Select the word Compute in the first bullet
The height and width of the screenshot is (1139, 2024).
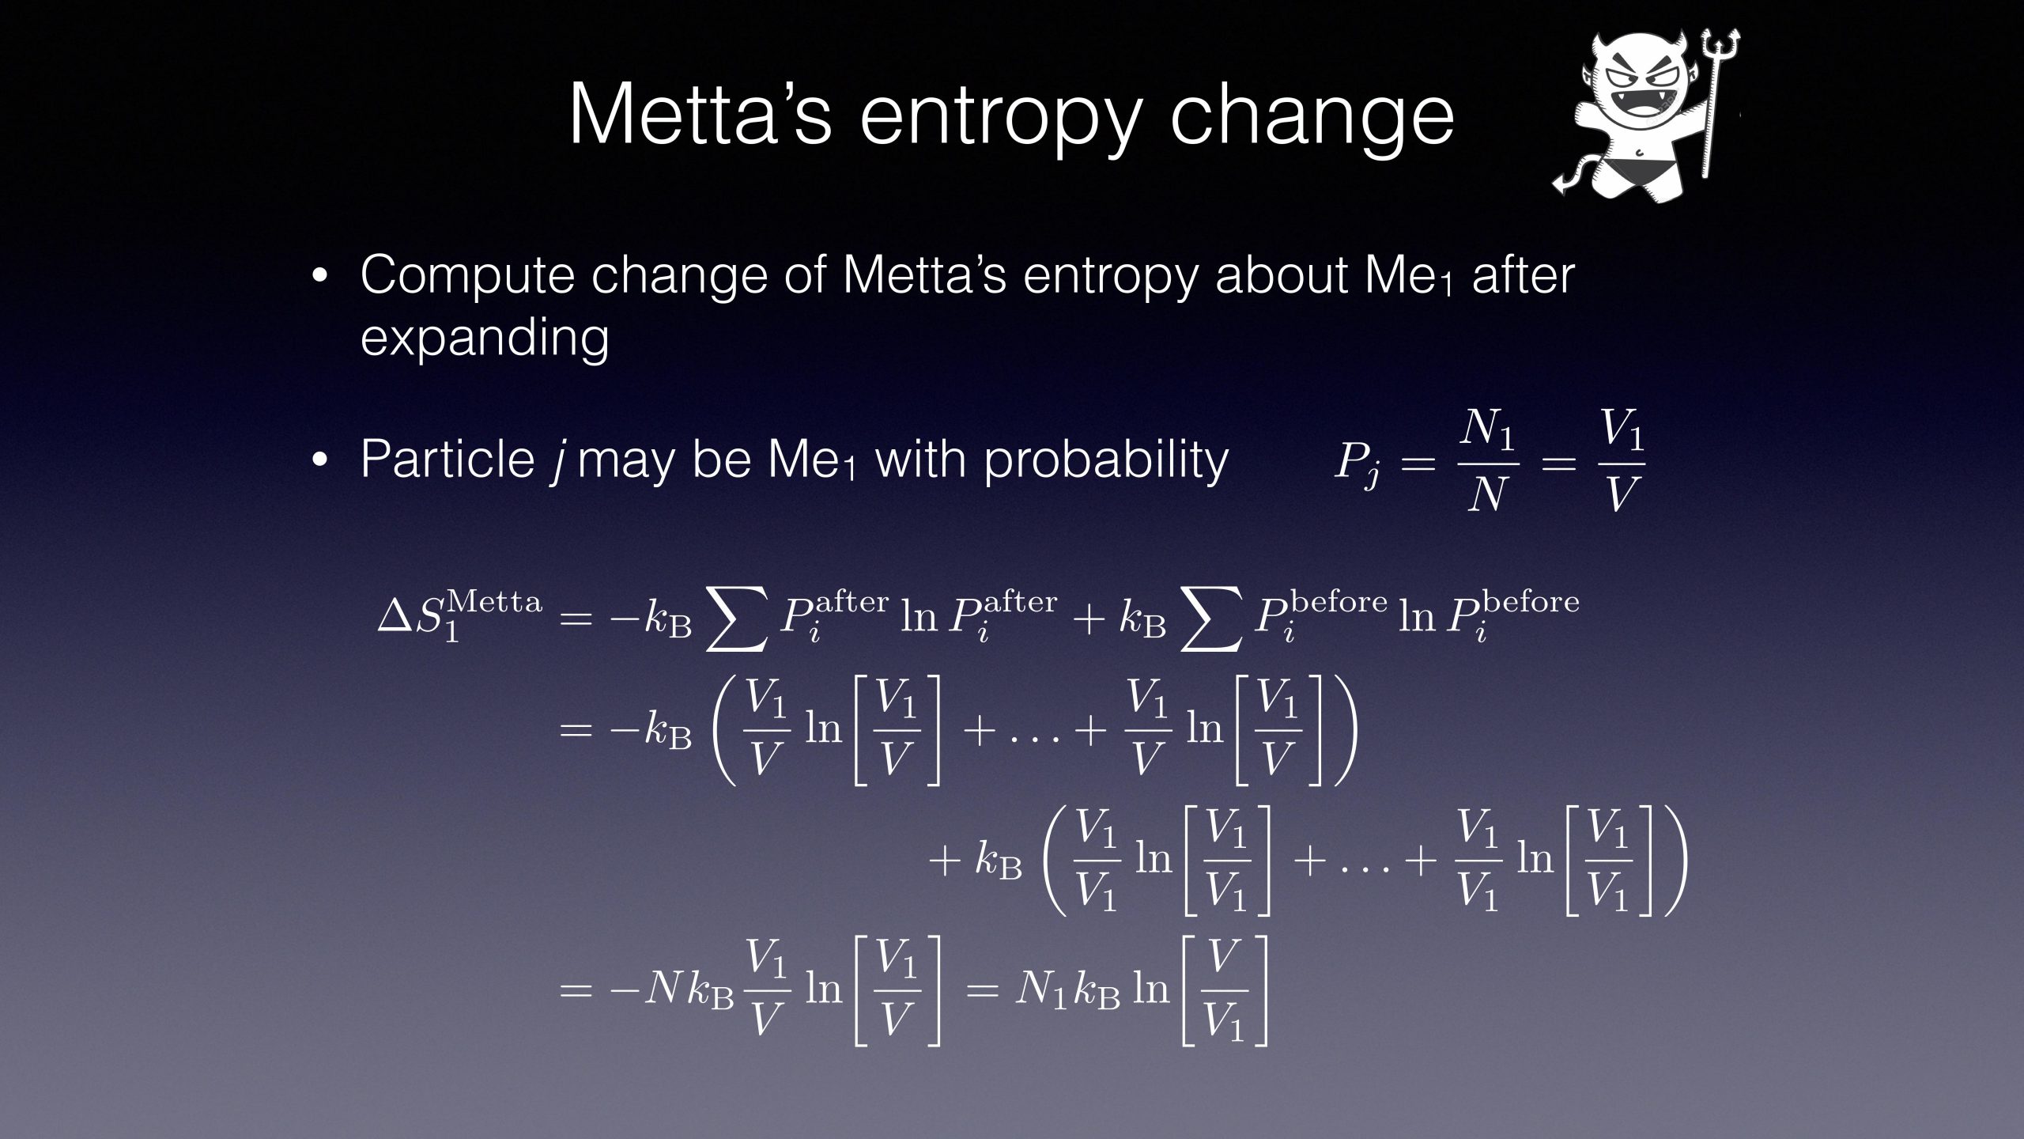467,276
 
